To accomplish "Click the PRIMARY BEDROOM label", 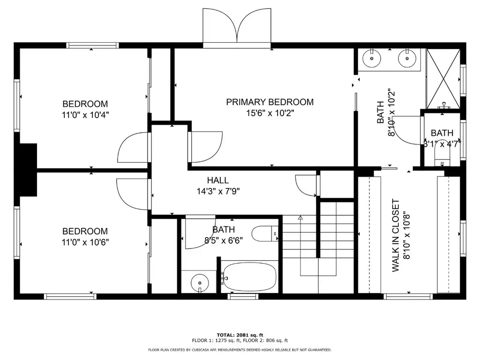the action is click(270, 102).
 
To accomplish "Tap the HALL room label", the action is click(218, 180).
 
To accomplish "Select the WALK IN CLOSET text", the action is click(396, 235).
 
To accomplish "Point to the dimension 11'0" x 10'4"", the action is click(85, 115).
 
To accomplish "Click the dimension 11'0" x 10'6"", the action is click(85, 242).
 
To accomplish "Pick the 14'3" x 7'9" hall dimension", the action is click(218, 192).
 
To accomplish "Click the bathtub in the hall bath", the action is click(250, 277).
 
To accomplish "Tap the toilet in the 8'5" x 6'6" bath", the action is click(265, 234).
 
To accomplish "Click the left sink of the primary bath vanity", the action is click(372, 58).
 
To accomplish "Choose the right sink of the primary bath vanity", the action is click(407, 58).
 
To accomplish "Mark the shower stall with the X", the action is click(443, 79).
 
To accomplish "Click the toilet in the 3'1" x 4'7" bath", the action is click(442, 160).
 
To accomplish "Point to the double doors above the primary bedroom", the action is click(237, 28).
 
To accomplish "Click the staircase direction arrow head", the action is click(300, 218).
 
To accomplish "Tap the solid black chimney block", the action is click(29, 170).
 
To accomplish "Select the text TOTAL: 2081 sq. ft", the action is click(240, 335).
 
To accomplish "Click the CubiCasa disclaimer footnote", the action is click(240, 350).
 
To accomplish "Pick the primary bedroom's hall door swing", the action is click(205, 147).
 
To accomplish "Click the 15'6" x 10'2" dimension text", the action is click(270, 113).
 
